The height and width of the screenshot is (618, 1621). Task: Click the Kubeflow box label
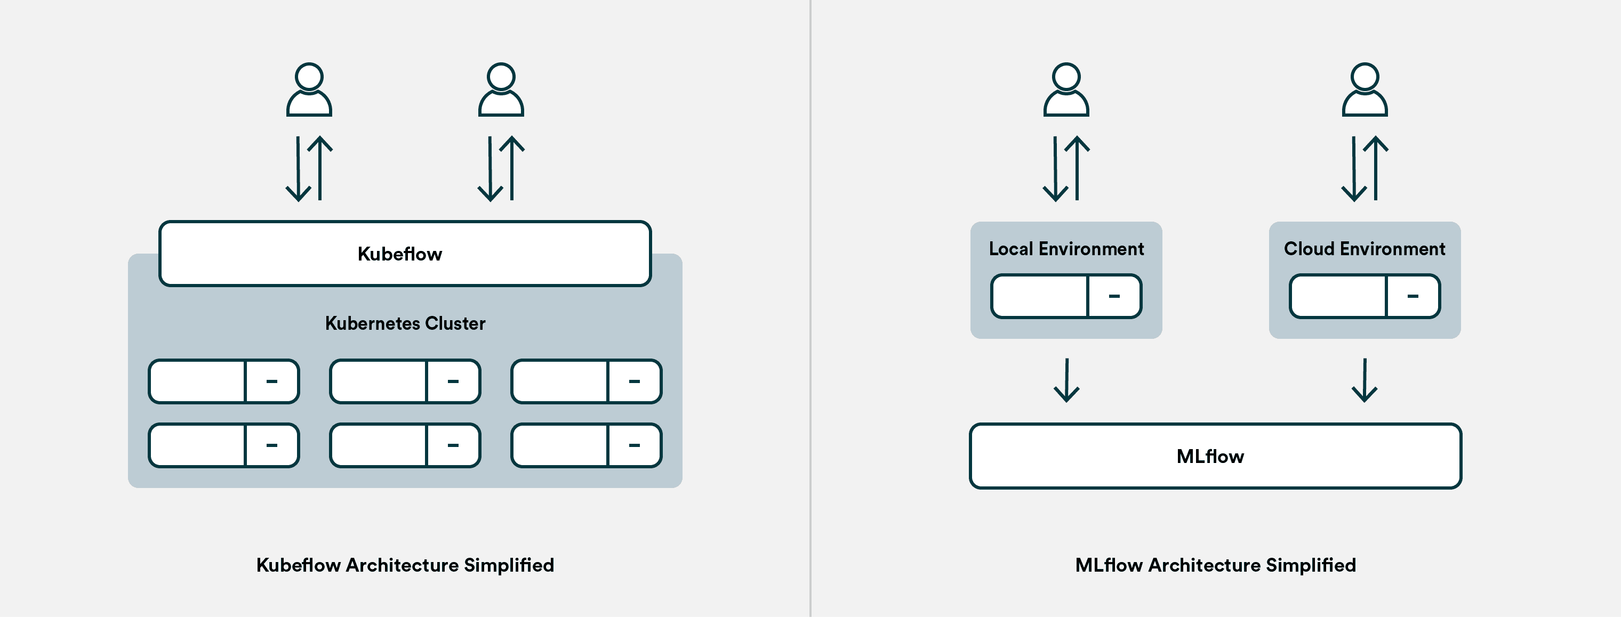click(399, 254)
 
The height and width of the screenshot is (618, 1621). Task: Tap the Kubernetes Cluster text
click(405, 323)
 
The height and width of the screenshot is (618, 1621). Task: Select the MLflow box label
click(1209, 457)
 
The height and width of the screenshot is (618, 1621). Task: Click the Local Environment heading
click(1066, 249)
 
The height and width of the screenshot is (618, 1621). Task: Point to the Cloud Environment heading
click(1365, 249)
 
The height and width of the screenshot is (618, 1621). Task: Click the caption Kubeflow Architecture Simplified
click(405, 565)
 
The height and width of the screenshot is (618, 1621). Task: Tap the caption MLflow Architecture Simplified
click(1215, 565)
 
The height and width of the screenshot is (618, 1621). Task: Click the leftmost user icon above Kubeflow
click(309, 90)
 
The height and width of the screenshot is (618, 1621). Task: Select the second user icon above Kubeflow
click(501, 90)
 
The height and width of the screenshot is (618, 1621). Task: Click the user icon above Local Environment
click(1066, 90)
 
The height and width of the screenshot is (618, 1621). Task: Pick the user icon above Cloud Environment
click(1365, 90)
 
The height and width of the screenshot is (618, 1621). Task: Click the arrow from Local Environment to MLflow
click(1066, 380)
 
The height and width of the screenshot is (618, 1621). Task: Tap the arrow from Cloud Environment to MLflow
click(1365, 380)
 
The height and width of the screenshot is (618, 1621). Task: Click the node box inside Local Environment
click(1066, 296)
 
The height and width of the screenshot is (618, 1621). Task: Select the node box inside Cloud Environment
click(1365, 296)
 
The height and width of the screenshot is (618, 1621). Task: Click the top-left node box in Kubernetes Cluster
click(223, 381)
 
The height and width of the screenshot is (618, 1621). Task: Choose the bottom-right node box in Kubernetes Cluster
click(586, 445)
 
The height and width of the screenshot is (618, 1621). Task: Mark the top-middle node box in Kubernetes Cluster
click(405, 381)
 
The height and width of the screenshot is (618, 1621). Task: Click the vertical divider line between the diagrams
click(810, 308)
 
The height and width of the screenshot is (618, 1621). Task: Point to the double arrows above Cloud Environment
click(1365, 168)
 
